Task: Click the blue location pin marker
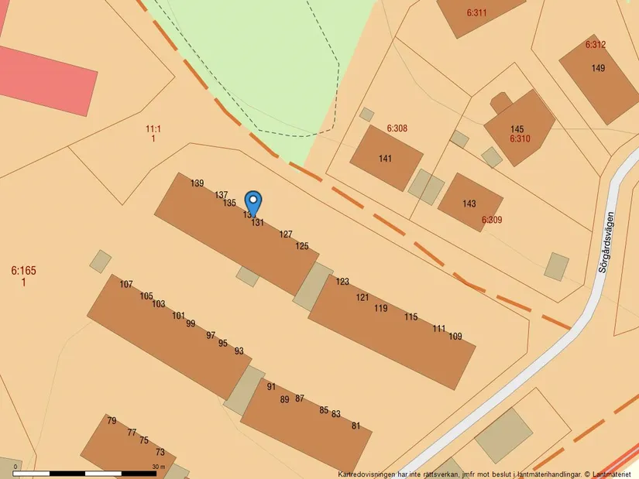pos(253,203)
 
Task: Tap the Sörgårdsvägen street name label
pos(610,242)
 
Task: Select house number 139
pos(198,183)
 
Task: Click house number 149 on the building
pos(598,69)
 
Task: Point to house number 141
pos(385,159)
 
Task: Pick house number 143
pos(469,204)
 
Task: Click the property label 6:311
pos(477,13)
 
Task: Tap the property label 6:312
pos(596,45)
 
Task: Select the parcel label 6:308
pos(397,128)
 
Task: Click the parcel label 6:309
pos(492,221)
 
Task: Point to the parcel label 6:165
pos(23,271)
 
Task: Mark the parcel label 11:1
pos(153,129)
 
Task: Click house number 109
pos(455,337)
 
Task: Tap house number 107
pos(126,285)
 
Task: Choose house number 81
pos(356,426)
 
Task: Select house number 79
pos(112,421)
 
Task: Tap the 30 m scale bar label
pos(159,467)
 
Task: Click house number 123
pos(342,282)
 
